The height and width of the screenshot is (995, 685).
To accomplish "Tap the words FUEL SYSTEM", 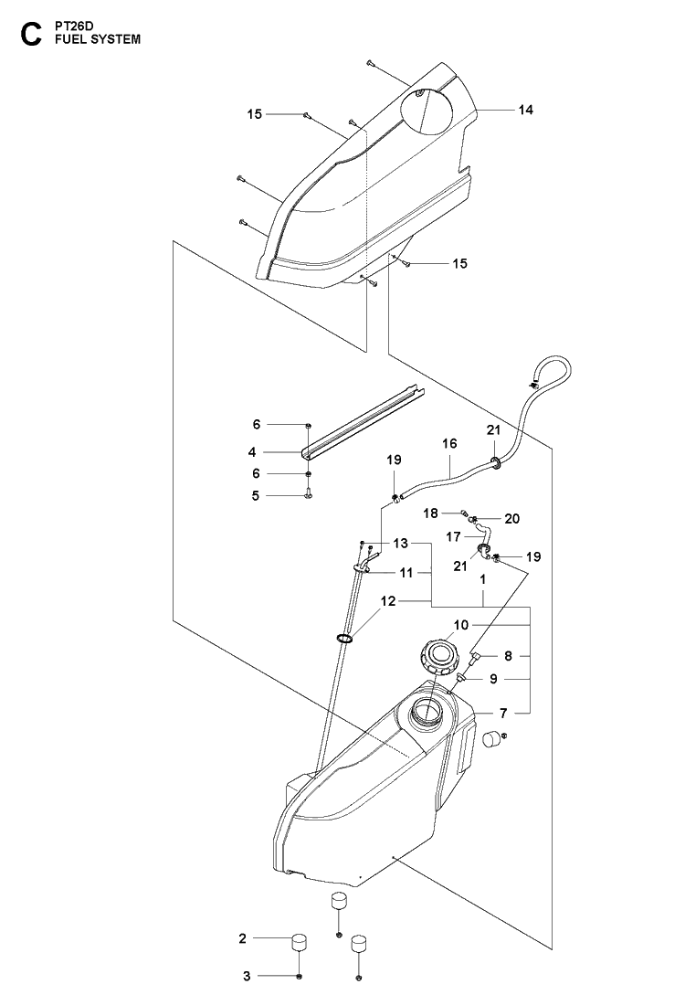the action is tap(98, 39).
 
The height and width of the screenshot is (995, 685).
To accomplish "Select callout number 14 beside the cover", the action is tap(525, 110).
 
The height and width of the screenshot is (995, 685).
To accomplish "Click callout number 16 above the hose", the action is tap(449, 443).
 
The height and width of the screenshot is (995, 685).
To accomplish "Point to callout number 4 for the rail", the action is tap(252, 452).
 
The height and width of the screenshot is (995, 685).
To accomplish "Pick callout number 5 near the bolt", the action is tap(256, 495).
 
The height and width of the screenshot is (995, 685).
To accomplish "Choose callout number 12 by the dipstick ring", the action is tap(388, 600).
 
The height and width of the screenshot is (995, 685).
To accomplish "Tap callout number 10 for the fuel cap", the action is tap(461, 625).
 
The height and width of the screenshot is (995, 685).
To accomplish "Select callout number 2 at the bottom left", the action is tap(242, 937).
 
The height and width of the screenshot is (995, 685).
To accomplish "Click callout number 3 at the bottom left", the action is tap(247, 976).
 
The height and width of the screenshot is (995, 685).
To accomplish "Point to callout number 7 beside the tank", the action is tap(503, 714).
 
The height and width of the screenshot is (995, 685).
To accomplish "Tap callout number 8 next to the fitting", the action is tap(508, 657).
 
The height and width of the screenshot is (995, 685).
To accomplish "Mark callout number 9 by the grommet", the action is tap(493, 679).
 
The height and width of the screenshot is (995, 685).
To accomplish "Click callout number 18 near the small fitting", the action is tap(431, 513).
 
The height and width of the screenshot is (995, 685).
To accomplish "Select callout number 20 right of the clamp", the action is tap(511, 519).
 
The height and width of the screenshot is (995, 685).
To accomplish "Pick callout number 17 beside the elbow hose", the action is tap(453, 537).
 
